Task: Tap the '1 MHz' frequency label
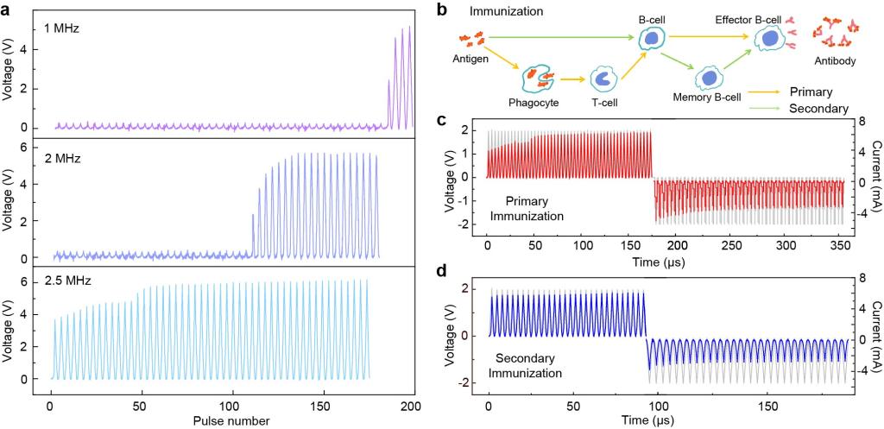coord(63,28)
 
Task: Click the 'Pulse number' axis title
coord(231,421)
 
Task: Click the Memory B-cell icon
coord(709,79)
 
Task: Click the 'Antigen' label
coord(472,60)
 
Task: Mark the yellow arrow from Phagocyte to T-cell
coord(571,80)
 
